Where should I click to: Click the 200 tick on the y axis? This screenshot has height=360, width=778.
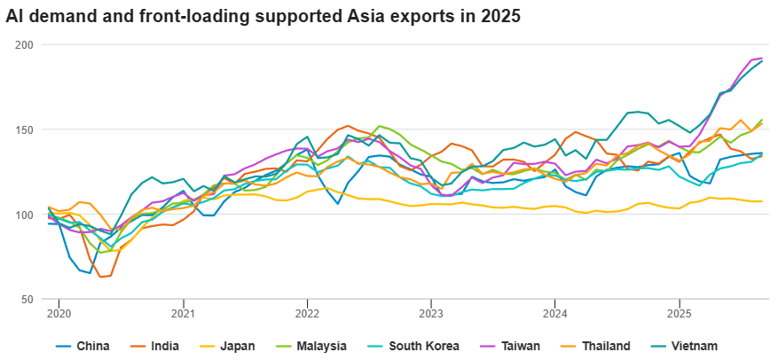(x=24, y=44)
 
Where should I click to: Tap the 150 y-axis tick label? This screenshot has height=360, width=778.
(x=24, y=129)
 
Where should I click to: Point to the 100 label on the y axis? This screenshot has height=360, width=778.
(x=24, y=215)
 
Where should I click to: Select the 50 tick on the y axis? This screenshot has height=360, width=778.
(x=27, y=300)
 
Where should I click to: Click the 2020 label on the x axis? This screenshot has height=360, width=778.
(x=58, y=313)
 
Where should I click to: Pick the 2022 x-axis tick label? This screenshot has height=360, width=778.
(x=306, y=313)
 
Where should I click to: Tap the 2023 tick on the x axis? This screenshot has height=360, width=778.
(x=430, y=313)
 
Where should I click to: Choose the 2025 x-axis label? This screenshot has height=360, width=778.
(x=679, y=313)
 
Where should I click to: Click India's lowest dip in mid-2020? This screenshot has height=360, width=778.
(x=100, y=277)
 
